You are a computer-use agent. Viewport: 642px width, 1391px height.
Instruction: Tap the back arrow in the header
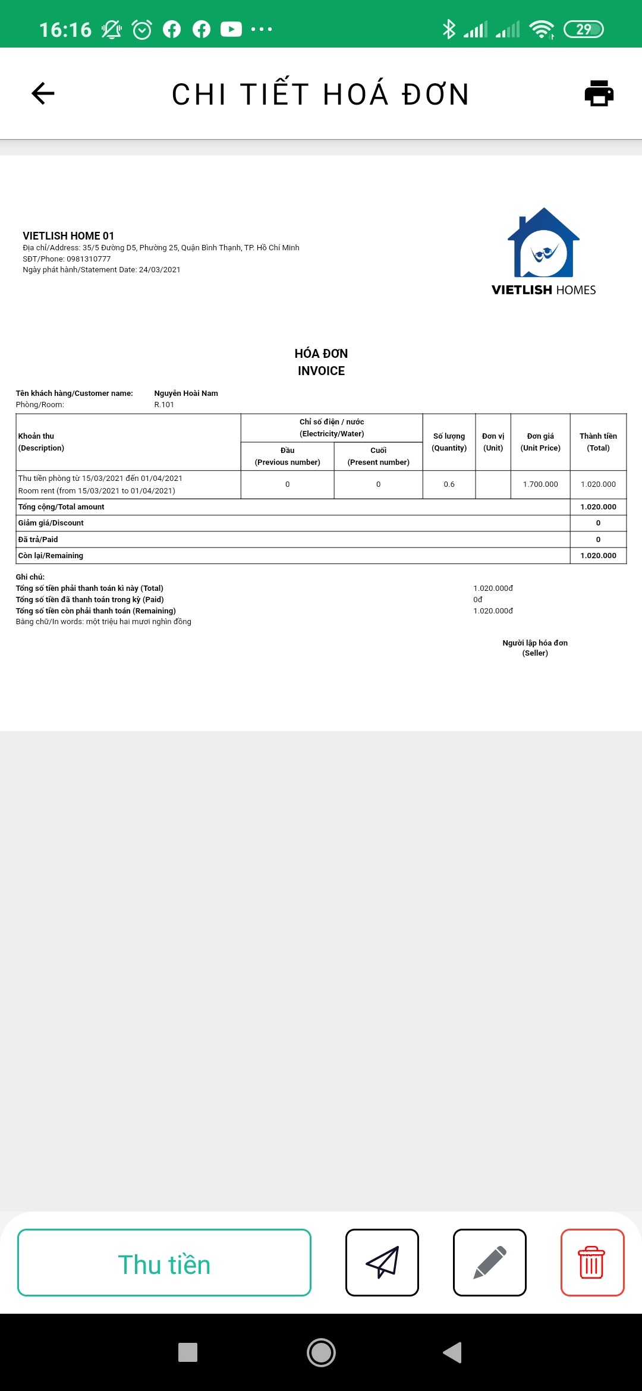43,93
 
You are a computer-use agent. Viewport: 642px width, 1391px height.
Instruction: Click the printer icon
599,93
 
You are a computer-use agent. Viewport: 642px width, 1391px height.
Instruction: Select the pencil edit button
489,1262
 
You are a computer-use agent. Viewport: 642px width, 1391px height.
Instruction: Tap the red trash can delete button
592,1262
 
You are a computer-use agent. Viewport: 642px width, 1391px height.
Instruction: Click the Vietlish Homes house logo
543,244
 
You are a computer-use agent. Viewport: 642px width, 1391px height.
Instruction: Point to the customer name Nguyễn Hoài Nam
186,394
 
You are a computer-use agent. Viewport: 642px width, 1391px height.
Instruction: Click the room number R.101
164,405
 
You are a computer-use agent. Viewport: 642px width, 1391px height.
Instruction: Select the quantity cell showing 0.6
449,484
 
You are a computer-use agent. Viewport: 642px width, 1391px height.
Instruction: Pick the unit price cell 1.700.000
540,484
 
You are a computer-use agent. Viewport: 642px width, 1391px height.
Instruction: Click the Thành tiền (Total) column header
598,442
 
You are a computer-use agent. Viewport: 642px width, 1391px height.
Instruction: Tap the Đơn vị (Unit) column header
493,442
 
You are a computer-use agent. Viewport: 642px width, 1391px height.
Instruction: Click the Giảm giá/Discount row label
51,523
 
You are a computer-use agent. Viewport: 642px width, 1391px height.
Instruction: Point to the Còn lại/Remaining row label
51,556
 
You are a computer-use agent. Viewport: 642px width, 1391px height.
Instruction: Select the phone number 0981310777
89,259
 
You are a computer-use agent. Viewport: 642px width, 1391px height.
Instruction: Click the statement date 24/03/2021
159,270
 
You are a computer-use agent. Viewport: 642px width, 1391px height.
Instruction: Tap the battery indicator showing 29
583,29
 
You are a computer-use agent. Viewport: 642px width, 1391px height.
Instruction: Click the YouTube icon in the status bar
231,29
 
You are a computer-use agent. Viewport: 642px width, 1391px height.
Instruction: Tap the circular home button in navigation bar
321,1352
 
